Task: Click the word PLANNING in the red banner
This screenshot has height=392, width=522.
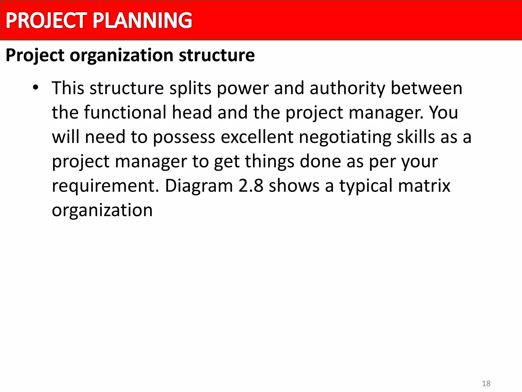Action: [x=142, y=20]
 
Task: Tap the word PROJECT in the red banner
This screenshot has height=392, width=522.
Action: [x=47, y=20]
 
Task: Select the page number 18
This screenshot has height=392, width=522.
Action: [x=486, y=383]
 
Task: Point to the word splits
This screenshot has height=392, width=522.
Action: [x=190, y=88]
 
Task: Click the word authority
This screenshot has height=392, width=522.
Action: [x=347, y=88]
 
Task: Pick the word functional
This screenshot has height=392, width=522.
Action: [x=125, y=112]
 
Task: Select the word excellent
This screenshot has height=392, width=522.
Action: [x=257, y=137]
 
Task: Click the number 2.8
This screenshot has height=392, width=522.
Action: [x=251, y=186]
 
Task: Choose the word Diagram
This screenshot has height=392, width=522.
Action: [x=199, y=186]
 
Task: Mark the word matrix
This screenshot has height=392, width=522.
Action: [x=424, y=186]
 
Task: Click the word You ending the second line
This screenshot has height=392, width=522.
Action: [x=443, y=112]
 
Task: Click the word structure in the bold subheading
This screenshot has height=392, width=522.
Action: [x=217, y=55]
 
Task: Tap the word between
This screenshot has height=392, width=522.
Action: [x=426, y=88]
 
